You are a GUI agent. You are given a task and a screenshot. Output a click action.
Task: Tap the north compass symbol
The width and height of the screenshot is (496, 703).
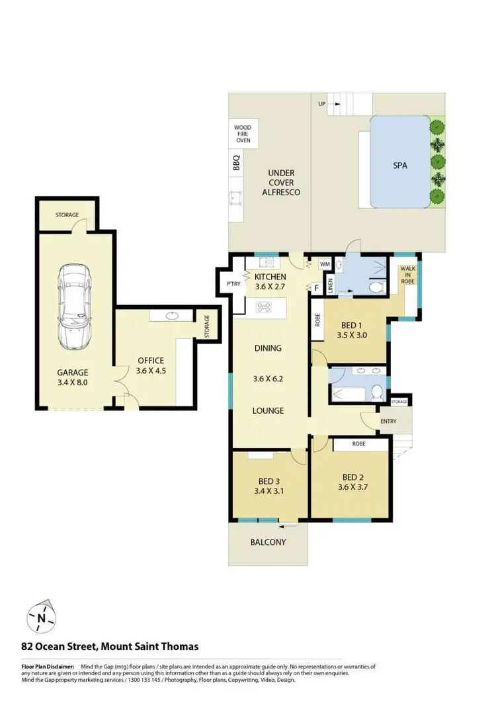(41, 619)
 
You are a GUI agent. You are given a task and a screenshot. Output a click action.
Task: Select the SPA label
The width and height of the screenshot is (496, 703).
(399, 165)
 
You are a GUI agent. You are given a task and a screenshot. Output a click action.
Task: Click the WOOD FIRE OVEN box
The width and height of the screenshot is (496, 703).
(243, 134)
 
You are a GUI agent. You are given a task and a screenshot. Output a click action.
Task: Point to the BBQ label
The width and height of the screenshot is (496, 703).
(236, 164)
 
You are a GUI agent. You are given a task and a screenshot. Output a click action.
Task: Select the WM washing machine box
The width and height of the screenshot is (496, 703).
(324, 264)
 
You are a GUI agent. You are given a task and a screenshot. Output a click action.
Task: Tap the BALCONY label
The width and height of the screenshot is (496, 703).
(268, 542)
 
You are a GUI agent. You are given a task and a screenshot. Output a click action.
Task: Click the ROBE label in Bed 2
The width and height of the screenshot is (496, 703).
(359, 444)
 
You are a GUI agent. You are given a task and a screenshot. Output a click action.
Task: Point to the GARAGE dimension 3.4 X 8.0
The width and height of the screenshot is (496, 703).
(72, 383)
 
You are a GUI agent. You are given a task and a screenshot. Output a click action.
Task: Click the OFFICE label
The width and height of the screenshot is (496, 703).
(150, 360)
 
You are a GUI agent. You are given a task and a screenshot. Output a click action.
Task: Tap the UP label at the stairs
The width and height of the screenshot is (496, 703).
(321, 104)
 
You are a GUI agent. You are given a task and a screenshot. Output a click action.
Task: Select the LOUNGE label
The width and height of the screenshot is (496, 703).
(268, 410)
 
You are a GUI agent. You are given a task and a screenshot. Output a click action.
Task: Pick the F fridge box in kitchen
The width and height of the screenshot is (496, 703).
(316, 288)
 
